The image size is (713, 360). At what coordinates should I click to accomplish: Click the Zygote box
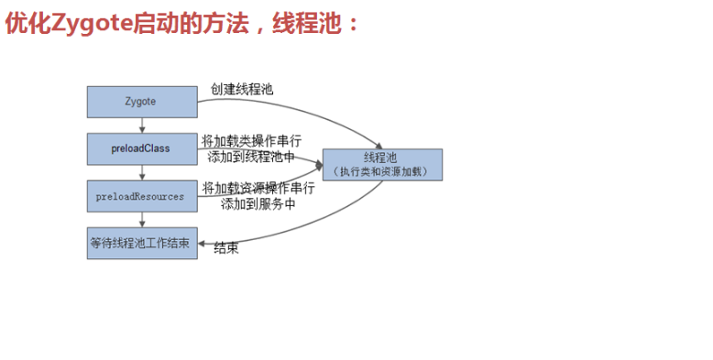(142, 102)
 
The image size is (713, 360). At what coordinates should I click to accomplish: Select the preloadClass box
(142, 148)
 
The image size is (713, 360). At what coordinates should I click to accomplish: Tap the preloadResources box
(141, 196)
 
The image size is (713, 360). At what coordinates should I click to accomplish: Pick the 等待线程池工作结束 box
(141, 244)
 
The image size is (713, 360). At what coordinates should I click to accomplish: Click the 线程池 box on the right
(382, 164)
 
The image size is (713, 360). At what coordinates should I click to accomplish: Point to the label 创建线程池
(243, 90)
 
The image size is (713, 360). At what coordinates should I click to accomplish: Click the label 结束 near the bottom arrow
(226, 248)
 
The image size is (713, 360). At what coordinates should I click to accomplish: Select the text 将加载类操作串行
(251, 141)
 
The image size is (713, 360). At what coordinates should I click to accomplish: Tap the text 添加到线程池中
(251, 157)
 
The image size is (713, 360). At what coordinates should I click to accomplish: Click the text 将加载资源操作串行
(258, 188)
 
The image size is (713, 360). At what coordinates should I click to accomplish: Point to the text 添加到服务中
(258, 204)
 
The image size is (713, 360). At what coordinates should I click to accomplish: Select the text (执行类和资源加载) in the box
(382, 171)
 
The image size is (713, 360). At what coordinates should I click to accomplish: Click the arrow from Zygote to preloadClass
(142, 125)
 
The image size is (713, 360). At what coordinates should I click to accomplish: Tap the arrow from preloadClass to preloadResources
(142, 172)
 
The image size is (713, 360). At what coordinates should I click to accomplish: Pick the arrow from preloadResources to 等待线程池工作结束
(142, 220)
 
